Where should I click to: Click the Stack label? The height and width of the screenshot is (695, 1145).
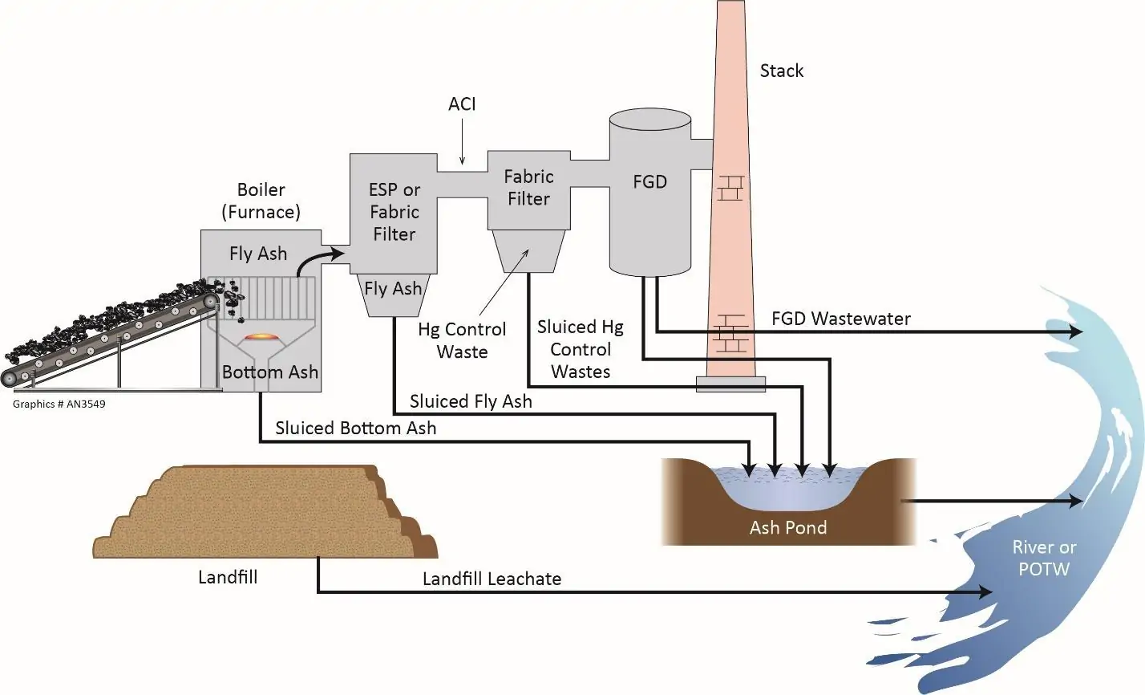pyautogui.click(x=781, y=71)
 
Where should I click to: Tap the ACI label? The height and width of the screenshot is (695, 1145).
pyautogui.click(x=462, y=104)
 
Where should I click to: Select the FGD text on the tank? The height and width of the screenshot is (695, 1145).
pyautogui.click(x=649, y=182)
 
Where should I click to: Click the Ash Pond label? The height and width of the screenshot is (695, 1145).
pyautogui.click(x=787, y=527)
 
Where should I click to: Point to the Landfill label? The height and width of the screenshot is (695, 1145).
pyautogui.click(x=228, y=577)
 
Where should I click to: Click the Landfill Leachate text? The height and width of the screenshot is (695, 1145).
pyautogui.click(x=492, y=579)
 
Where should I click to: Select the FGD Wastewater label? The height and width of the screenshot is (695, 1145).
pyautogui.click(x=840, y=319)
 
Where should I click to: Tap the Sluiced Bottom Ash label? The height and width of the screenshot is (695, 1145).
pyautogui.click(x=355, y=428)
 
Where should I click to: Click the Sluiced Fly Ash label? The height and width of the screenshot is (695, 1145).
pyautogui.click(x=471, y=401)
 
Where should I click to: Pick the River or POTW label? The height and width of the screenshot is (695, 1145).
pyautogui.click(x=1044, y=559)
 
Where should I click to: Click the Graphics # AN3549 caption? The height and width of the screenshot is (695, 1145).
pyautogui.click(x=59, y=404)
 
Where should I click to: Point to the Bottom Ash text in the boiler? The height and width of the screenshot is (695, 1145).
pyautogui.click(x=269, y=372)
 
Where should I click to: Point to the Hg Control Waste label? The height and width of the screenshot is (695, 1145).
pyautogui.click(x=462, y=340)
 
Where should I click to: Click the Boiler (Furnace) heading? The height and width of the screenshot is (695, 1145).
pyautogui.click(x=261, y=201)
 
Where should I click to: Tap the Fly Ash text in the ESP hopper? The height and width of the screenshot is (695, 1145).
pyautogui.click(x=393, y=289)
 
